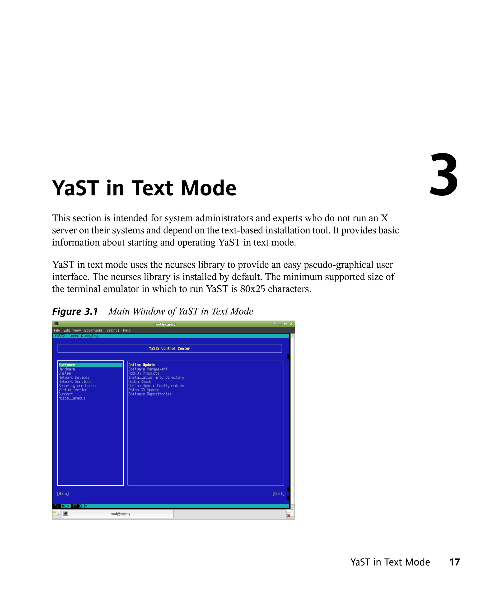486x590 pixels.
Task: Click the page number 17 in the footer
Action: point(454,562)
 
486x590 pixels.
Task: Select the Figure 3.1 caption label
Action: point(75,311)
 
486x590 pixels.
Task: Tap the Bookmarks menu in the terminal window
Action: point(93,330)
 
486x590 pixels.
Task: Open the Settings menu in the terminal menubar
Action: point(112,330)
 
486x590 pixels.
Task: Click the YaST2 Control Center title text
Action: point(169,348)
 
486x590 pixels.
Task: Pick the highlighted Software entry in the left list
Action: point(67,365)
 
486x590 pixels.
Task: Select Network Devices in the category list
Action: point(74,377)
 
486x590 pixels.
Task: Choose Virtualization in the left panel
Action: point(73,390)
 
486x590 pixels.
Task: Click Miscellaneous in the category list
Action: point(72,398)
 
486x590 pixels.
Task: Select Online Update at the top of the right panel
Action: point(142,365)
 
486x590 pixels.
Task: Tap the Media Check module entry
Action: point(140,381)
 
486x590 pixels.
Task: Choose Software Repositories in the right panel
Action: point(150,394)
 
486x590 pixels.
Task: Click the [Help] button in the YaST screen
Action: point(63,493)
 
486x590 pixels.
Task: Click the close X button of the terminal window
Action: point(291,324)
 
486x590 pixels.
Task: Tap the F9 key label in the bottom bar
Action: point(75,506)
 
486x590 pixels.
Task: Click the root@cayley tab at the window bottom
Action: point(120,514)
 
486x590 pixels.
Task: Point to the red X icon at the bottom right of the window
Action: point(289,515)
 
